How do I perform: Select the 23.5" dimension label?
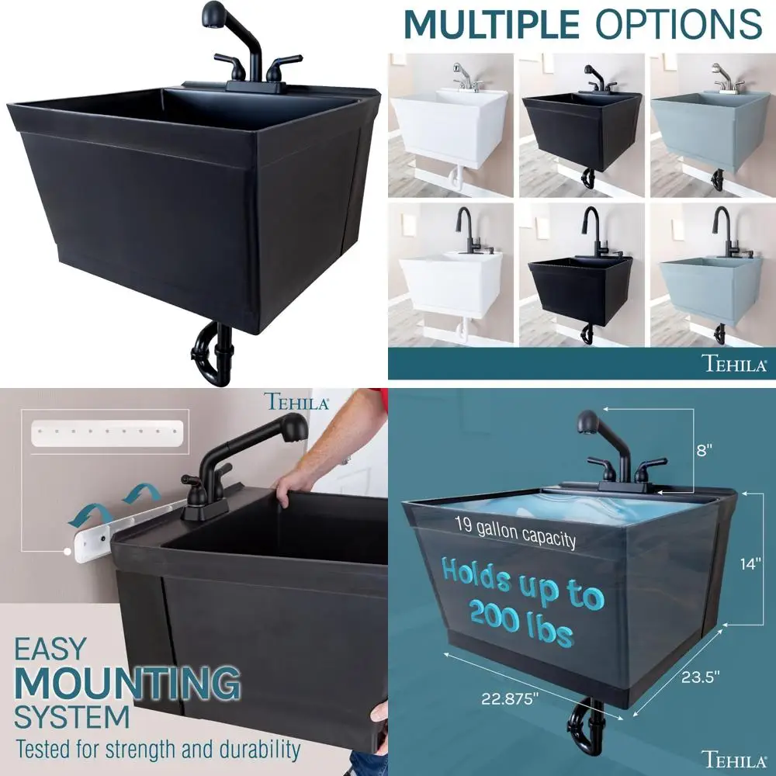[x=700, y=676]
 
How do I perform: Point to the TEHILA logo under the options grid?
[x=733, y=363]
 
